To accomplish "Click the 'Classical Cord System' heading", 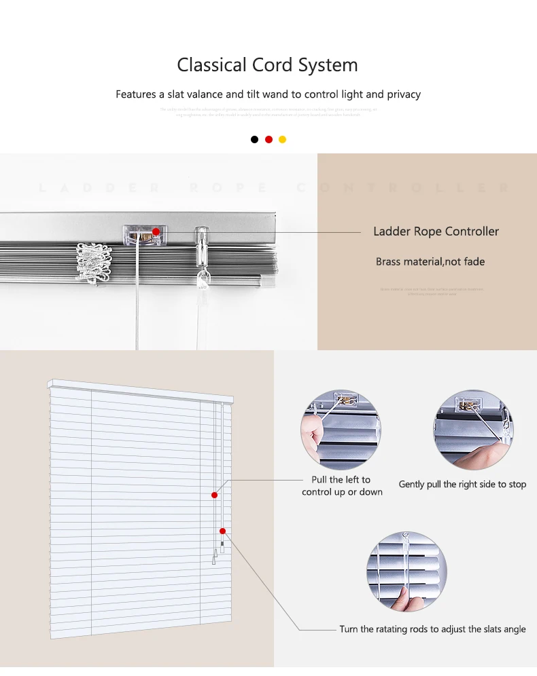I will coord(267,65).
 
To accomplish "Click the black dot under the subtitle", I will coord(254,139).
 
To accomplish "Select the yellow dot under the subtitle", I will coord(283,139).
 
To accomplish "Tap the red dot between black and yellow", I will coord(268,139).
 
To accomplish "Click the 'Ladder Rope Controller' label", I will coord(436,231).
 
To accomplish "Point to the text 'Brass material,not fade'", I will coord(430,261).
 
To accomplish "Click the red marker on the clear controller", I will coord(156,231).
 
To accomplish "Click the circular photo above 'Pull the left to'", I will coord(340,430).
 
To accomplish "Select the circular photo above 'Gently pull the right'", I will coord(473,430).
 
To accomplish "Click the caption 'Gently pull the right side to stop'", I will coord(462,485).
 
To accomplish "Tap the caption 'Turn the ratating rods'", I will coord(432,629).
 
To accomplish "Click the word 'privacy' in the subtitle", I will coord(404,94).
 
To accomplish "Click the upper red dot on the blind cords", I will coord(214,495).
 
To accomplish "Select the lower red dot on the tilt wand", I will coord(222,531).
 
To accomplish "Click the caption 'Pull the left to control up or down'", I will coord(342,485).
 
